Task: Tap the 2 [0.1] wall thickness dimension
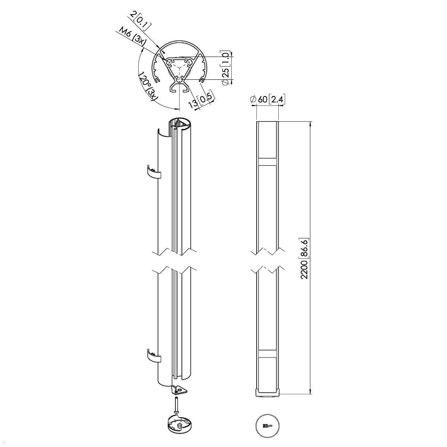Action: [141, 21]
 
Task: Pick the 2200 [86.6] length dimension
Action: [304, 259]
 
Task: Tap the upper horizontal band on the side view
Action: [267, 162]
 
